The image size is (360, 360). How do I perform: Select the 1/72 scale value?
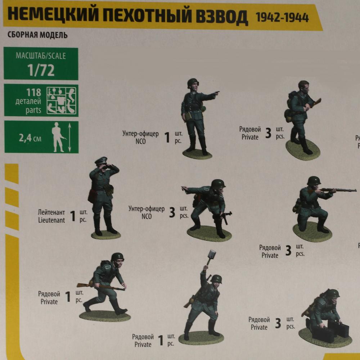point(41,70)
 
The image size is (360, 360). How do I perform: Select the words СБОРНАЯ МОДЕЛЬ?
point(37,36)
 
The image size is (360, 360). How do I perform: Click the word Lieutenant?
point(51,220)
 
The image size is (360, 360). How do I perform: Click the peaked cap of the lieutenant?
point(101,160)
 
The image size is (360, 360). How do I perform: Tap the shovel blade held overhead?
point(211,256)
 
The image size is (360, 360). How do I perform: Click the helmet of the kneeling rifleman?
point(314,181)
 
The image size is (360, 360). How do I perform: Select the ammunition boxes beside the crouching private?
point(331,331)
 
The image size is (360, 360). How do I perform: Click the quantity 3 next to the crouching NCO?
point(172,213)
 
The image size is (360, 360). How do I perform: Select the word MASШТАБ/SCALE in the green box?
point(41,56)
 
